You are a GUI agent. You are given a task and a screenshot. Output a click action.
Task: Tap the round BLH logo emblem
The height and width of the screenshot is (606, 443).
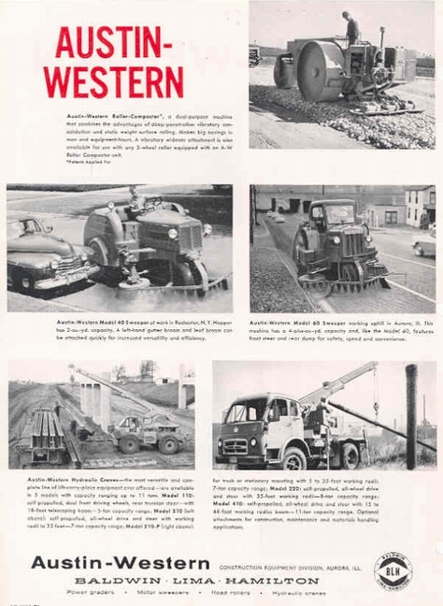[x=393, y=569]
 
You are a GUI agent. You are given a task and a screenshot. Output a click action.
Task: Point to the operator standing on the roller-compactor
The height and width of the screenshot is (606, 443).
[x=350, y=29]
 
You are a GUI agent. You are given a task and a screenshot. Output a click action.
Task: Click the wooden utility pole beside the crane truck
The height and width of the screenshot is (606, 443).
[x=410, y=417]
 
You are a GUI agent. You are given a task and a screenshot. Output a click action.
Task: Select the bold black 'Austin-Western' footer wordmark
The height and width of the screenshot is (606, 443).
[x=120, y=562]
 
